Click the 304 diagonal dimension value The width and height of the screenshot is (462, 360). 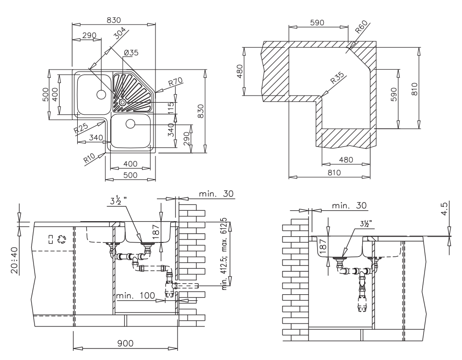pyautogui.click(x=120, y=33)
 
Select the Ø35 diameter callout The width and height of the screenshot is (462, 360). pyautogui.click(x=130, y=53)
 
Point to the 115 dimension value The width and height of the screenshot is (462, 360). pyautogui.click(x=170, y=108)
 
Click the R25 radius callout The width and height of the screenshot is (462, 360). pyautogui.click(x=81, y=130)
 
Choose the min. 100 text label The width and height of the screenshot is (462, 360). pyautogui.click(x=135, y=296)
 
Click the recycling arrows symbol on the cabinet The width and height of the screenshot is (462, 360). pyautogui.click(x=61, y=239)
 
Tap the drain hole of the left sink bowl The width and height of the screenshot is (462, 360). pyautogui.click(x=101, y=95)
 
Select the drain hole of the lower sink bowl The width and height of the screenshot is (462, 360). pyautogui.click(x=130, y=124)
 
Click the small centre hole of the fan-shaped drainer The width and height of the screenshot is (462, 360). pyautogui.click(x=123, y=102)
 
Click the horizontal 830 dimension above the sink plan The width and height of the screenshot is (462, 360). pyautogui.click(x=114, y=20)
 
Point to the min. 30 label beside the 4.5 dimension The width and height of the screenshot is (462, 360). pyautogui.click(x=349, y=205)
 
